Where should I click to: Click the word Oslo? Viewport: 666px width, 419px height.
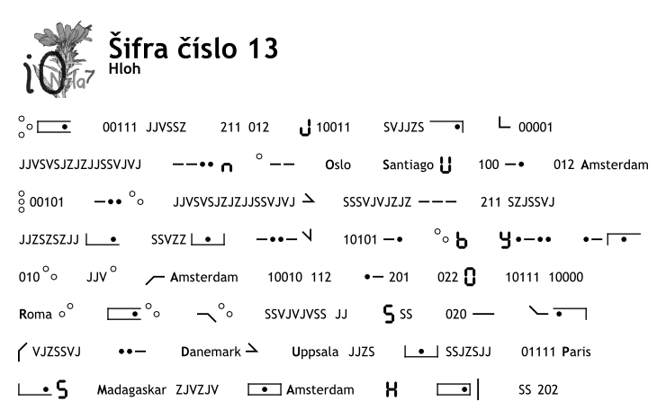click(337, 165)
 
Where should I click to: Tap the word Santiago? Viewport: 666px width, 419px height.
click(408, 165)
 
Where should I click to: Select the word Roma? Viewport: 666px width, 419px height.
click(35, 315)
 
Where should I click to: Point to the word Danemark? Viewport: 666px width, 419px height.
click(211, 352)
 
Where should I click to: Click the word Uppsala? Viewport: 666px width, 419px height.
click(315, 352)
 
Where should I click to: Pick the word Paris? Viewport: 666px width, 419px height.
click(576, 352)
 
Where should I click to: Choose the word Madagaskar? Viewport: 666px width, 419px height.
click(131, 390)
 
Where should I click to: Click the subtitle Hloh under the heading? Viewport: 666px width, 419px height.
click(124, 68)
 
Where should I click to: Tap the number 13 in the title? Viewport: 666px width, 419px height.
click(263, 48)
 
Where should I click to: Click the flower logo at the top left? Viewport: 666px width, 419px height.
click(58, 59)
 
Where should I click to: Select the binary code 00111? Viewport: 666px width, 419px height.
click(120, 128)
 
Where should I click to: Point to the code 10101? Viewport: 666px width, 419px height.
click(360, 240)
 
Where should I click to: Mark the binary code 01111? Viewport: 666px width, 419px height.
click(537, 352)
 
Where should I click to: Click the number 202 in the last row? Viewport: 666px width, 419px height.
click(547, 389)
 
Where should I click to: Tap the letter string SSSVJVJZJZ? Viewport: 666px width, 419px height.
click(377, 202)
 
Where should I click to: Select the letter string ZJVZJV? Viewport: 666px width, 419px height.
click(197, 389)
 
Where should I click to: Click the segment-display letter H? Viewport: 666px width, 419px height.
click(391, 389)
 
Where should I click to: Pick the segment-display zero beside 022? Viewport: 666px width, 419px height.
click(470, 277)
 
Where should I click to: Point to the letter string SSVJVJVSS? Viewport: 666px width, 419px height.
click(295, 315)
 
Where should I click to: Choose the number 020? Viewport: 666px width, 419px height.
click(455, 315)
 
